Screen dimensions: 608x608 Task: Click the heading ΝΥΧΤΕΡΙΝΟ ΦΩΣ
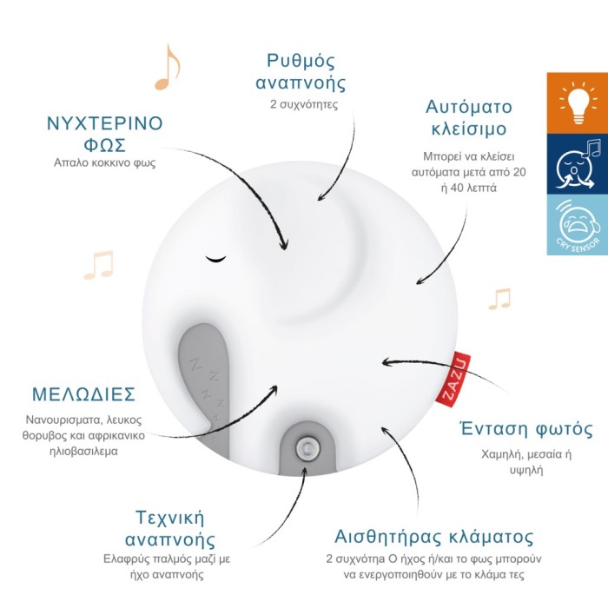105,134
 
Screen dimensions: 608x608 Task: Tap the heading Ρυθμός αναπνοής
301,72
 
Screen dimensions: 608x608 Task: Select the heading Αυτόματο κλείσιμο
469,117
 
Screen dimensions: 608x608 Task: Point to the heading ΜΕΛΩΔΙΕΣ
83,394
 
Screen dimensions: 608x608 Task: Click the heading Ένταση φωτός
526,429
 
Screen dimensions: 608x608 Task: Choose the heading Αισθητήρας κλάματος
434,537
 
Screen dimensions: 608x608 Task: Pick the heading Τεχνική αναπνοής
170,529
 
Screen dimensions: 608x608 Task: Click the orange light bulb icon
578,103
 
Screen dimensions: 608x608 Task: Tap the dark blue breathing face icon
578,164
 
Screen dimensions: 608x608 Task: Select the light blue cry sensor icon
578,224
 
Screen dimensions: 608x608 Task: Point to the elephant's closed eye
215,259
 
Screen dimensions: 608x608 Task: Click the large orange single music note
167,68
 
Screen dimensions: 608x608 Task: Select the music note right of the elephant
499,300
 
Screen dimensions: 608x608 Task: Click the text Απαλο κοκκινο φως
105,162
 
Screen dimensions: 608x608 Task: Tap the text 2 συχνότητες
304,105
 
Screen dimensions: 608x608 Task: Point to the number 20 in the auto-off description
519,172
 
